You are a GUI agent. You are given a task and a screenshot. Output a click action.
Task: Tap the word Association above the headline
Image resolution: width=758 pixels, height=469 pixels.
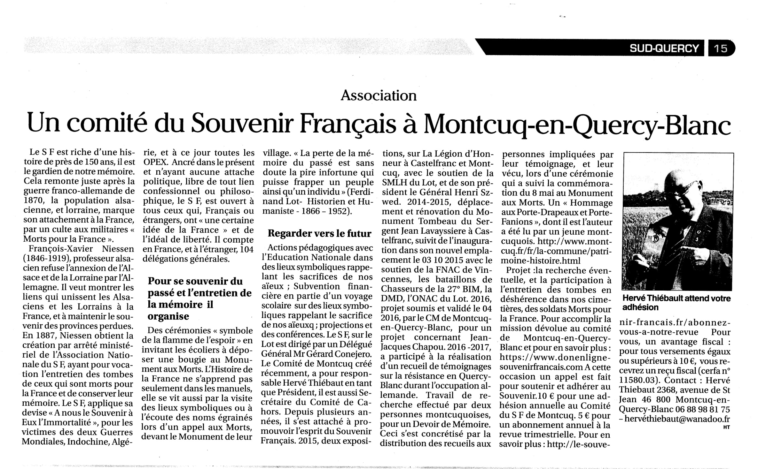click(x=379, y=95)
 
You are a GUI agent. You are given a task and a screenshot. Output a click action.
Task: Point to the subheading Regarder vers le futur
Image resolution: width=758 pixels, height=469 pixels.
click(x=319, y=233)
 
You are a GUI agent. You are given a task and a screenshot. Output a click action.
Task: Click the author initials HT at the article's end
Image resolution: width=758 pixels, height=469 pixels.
click(x=726, y=427)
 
